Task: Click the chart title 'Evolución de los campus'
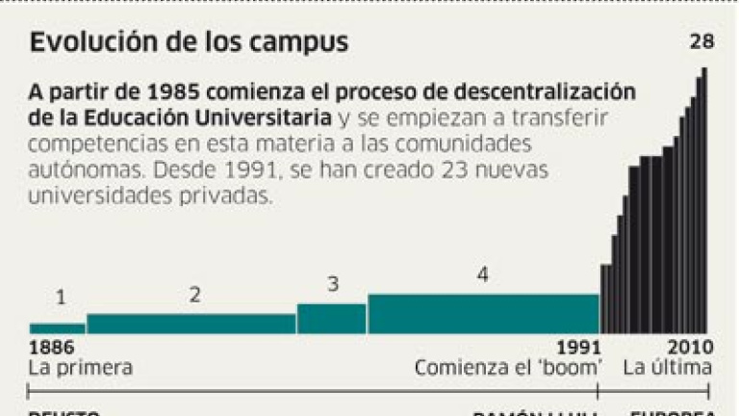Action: tap(189, 44)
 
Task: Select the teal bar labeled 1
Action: tap(58, 328)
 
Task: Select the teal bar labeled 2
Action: tap(191, 324)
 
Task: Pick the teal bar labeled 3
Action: tap(331, 319)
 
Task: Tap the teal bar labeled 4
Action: tap(482, 314)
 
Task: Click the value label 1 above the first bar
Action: tap(60, 298)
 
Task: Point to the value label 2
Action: tap(194, 294)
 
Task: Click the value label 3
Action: tap(333, 285)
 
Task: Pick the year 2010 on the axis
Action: tap(691, 348)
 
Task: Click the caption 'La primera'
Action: tap(81, 368)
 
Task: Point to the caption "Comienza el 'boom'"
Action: tap(509, 368)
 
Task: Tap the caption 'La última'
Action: tap(667, 368)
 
